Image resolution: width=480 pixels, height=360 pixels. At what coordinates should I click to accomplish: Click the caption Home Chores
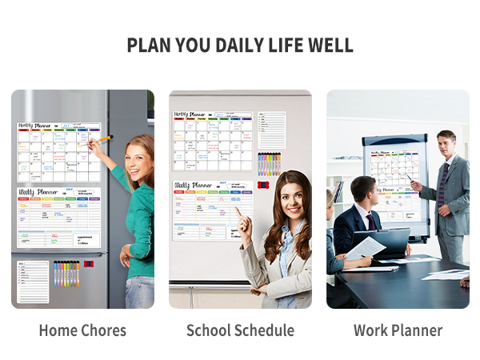[x=82, y=330]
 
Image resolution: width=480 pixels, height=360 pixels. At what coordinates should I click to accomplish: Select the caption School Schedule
[x=240, y=330]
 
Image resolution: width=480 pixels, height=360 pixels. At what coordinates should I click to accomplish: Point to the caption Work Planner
[x=398, y=330]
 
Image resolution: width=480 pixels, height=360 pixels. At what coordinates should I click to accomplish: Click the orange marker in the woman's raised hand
[x=102, y=140]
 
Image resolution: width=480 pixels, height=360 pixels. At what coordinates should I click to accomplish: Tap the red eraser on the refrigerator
[x=88, y=263]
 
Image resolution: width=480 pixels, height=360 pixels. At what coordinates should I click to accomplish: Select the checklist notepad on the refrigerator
[x=34, y=282]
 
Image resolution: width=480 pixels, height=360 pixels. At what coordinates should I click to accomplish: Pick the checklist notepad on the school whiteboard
[x=272, y=130]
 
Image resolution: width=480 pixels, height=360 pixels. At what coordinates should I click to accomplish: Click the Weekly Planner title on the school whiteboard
[x=193, y=185]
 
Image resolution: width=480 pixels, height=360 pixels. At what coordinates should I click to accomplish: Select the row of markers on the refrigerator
[x=66, y=274]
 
